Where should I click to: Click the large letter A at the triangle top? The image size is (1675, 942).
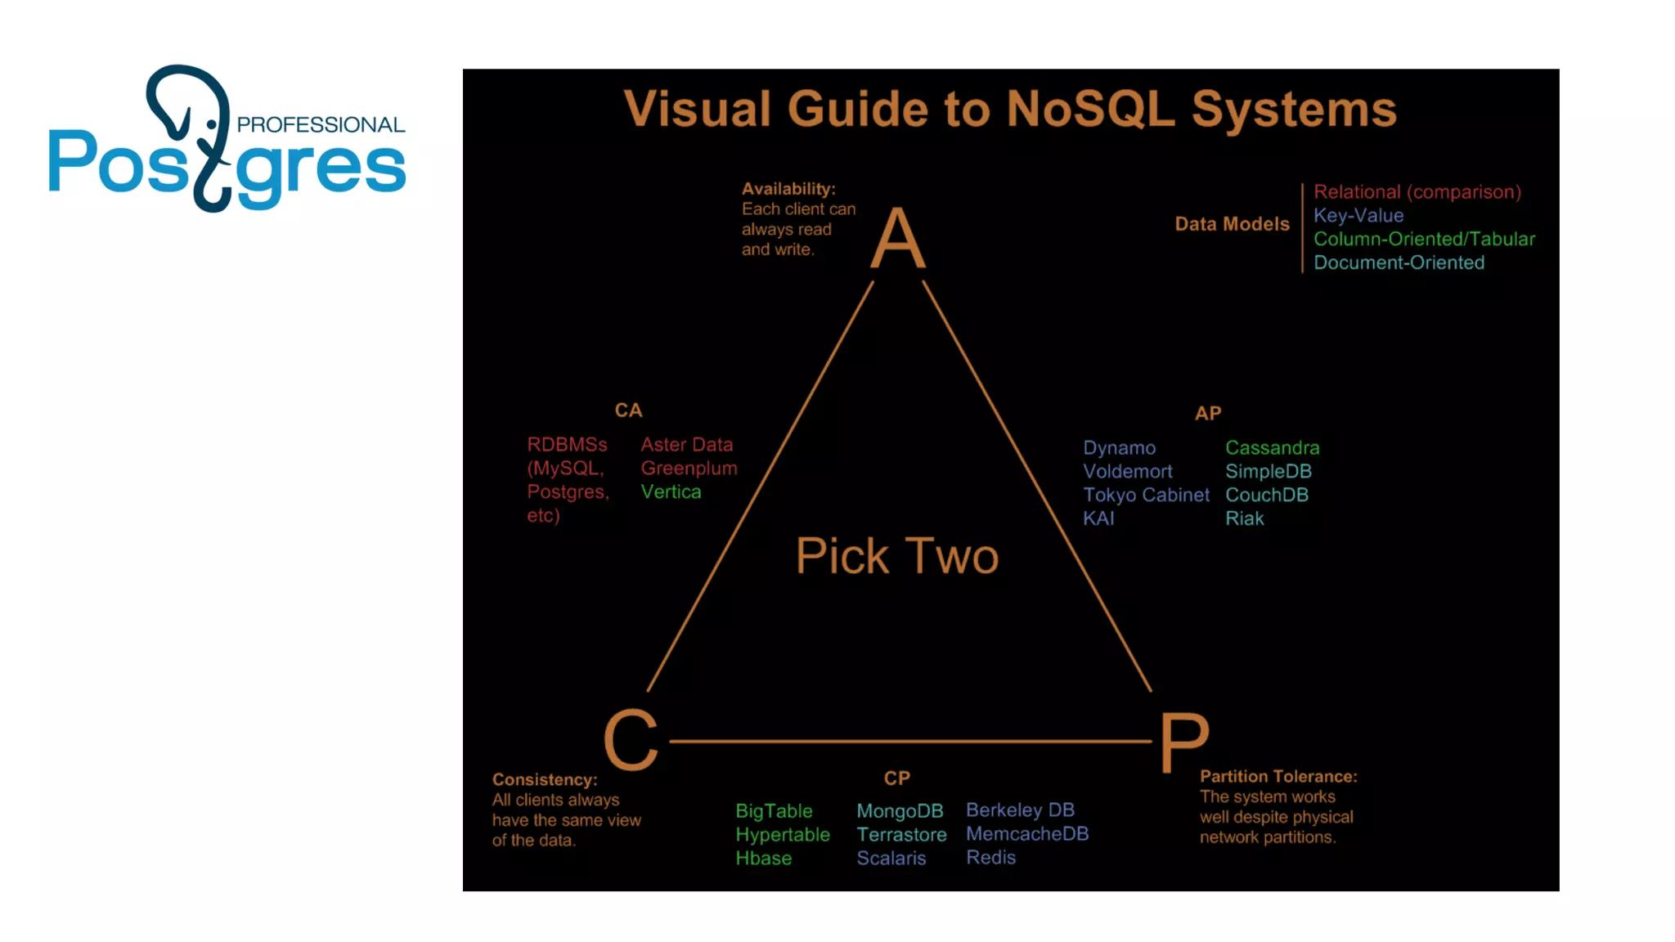click(x=898, y=238)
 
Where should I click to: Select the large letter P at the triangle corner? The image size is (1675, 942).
click(x=1183, y=741)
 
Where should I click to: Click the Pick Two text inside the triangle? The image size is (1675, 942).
click(x=897, y=556)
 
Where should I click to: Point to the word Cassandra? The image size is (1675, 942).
click(x=1272, y=448)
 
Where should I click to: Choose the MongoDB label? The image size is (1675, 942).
click(x=900, y=811)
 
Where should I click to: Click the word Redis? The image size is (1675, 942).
click(x=990, y=858)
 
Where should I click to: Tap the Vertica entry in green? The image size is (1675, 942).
click(x=671, y=492)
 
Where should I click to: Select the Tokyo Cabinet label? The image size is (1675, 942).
click(x=1146, y=496)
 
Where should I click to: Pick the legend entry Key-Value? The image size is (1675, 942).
click(x=1358, y=216)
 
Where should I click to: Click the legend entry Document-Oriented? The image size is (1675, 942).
click(x=1399, y=263)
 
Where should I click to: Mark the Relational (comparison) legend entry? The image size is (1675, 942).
click(x=1417, y=192)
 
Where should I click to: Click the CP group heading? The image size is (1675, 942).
click(x=896, y=778)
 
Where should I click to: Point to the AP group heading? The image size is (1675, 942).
click(x=1208, y=414)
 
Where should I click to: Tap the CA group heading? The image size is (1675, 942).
click(x=628, y=410)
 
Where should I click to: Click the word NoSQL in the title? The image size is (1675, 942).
click(x=1090, y=109)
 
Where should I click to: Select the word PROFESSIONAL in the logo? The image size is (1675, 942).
click(x=321, y=125)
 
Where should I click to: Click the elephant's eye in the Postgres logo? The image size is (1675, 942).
click(x=212, y=124)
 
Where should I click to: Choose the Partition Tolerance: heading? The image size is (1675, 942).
click(x=1278, y=777)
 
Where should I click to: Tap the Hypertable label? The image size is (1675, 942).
click(x=782, y=835)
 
